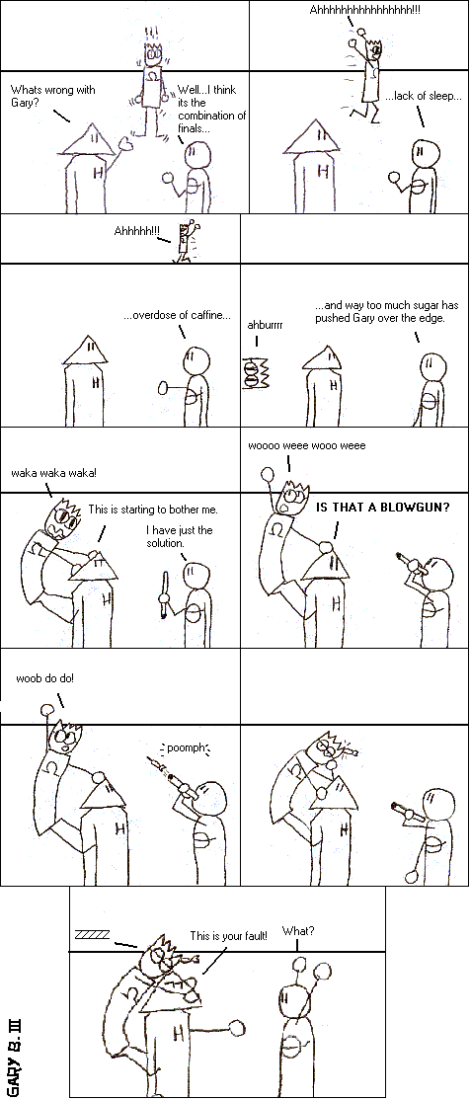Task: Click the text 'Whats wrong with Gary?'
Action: [52, 96]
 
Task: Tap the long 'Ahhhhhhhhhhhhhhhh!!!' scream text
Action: [364, 11]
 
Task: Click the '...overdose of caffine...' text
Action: [177, 316]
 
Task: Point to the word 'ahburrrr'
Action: [266, 326]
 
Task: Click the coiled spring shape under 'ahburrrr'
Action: [256, 372]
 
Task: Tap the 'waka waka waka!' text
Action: [54, 472]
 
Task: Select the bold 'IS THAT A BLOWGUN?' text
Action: [383, 508]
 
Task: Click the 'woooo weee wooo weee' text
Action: [306, 445]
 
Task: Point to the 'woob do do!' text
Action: [44, 678]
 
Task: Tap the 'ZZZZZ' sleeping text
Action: [92, 934]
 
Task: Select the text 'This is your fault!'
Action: [229, 936]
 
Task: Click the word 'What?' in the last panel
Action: [298, 931]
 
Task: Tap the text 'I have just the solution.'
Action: [179, 537]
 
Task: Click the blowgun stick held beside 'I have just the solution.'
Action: [166, 594]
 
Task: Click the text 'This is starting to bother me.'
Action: [153, 510]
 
